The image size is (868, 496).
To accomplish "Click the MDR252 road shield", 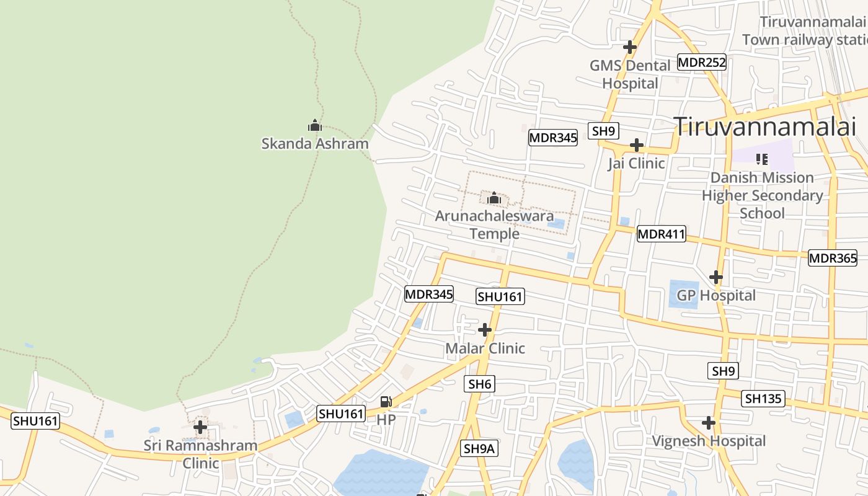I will (x=701, y=62).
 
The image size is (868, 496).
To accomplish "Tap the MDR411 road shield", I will (x=661, y=234).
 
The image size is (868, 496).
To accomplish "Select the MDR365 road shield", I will (x=832, y=258).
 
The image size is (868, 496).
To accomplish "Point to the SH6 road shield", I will (x=479, y=384).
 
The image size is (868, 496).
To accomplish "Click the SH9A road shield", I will (x=479, y=448).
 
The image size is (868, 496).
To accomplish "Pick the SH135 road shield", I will (x=763, y=399).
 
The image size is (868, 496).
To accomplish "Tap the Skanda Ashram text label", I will (x=315, y=144).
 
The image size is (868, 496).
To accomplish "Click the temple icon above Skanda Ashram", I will (x=315, y=126).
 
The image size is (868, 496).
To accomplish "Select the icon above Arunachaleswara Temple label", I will (x=494, y=198).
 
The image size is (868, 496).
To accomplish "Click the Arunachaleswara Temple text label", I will (x=494, y=224).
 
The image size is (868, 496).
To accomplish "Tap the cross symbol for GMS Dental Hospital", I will (x=630, y=46).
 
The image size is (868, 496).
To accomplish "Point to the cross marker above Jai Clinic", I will (x=636, y=146).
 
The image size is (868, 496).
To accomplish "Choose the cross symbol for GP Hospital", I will (x=716, y=277).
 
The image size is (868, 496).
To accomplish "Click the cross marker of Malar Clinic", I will (x=485, y=330).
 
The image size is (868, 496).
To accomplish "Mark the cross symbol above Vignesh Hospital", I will (x=709, y=423).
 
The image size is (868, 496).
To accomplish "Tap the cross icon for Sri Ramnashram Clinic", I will (x=200, y=427).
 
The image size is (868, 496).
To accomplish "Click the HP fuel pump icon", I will (x=386, y=402).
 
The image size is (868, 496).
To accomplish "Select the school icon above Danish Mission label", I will (x=762, y=159).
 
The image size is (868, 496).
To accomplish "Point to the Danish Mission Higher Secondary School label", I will (x=762, y=195).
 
